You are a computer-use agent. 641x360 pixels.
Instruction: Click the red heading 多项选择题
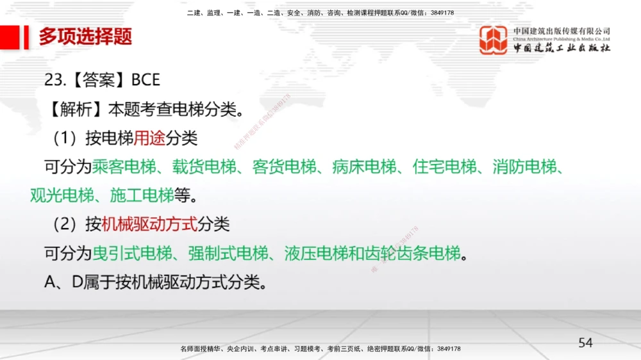(85, 37)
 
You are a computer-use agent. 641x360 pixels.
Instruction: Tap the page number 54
(585, 343)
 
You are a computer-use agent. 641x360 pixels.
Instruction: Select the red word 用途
(149, 138)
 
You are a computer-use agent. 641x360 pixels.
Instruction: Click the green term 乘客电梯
(124, 167)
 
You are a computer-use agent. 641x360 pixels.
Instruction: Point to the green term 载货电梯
(204, 167)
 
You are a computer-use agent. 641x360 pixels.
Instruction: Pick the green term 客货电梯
(285, 167)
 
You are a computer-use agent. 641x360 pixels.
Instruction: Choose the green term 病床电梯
(365, 167)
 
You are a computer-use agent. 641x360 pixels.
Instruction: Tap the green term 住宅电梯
(445, 167)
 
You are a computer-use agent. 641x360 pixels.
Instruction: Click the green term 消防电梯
(525, 167)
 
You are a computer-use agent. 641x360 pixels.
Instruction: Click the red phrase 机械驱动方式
(149, 224)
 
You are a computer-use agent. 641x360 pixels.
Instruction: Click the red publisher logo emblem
(493, 40)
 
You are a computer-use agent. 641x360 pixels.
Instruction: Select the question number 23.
(54, 80)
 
